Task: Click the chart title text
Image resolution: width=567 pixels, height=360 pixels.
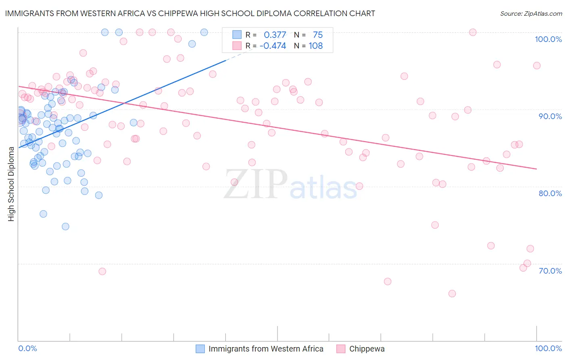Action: tap(190, 13)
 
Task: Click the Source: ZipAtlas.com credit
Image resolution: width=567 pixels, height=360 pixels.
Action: tap(531, 13)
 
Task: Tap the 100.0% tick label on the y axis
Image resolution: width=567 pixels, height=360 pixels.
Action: tap(548, 39)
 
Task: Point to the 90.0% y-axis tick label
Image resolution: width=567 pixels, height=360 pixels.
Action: tap(550, 116)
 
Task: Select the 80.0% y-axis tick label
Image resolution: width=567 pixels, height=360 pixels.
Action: tap(550, 193)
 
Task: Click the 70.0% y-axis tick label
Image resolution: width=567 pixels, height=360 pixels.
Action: tap(550, 271)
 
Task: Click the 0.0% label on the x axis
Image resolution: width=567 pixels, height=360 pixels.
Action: tap(27, 348)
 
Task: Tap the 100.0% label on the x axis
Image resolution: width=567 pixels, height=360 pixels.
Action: tap(548, 348)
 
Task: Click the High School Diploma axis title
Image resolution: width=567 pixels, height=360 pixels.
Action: tap(11, 184)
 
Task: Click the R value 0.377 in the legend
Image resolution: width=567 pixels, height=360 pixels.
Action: tap(275, 35)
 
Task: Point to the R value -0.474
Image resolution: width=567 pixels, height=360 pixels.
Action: tap(273, 46)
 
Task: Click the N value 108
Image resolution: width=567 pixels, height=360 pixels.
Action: tap(316, 46)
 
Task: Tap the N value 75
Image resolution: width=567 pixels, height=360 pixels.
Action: tap(318, 35)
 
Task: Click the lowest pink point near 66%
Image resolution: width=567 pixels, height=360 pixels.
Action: tap(452, 293)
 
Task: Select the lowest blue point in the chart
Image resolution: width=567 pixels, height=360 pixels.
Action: tap(65, 226)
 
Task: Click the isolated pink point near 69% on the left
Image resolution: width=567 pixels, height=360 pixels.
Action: tap(102, 271)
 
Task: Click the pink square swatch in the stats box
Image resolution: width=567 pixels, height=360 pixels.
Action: tap(237, 46)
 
